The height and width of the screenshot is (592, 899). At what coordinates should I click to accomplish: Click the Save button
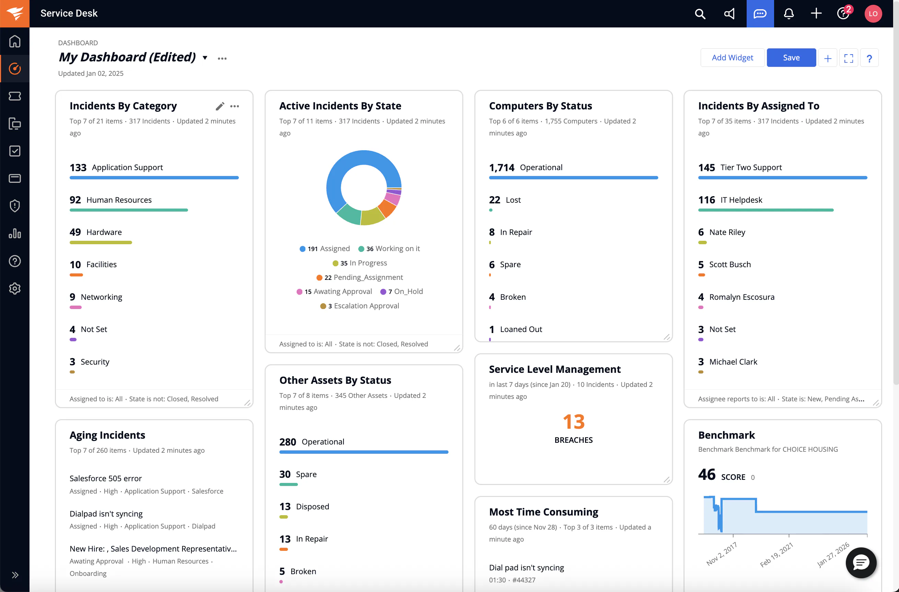pyautogui.click(x=791, y=58)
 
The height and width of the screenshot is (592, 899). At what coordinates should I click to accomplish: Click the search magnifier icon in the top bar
pyautogui.click(x=700, y=14)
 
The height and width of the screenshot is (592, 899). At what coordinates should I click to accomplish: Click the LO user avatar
pyautogui.click(x=873, y=14)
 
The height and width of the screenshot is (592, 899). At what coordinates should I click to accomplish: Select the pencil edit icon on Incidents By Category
pyautogui.click(x=220, y=106)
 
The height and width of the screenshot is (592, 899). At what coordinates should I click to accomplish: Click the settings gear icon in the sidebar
pyautogui.click(x=15, y=289)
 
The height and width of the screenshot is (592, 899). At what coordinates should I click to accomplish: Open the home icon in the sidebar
pyautogui.click(x=15, y=41)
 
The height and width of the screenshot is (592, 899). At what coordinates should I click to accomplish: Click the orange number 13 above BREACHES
pyautogui.click(x=573, y=422)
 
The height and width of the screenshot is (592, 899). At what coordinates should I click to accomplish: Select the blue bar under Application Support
pyautogui.click(x=154, y=178)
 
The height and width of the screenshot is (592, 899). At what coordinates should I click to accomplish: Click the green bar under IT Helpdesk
pyautogui.click(x=766, y=210)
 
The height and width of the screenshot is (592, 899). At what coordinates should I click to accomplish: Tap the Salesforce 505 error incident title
pyautogui.click(x=106, y=478)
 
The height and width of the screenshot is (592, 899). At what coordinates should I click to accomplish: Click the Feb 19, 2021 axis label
pyautogui.click(x=776, y=555)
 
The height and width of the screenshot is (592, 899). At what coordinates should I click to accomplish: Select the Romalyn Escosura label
pyautogui.click(x=742, y=297)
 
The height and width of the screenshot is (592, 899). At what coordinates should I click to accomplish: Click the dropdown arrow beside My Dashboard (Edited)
pyautogui.click(x=205, y=58)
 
